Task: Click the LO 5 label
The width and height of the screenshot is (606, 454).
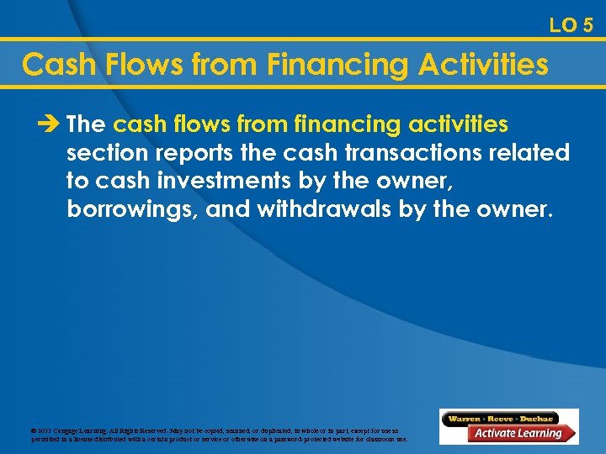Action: [x=571, y=25]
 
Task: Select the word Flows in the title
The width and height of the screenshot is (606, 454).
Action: [x=138, y=64]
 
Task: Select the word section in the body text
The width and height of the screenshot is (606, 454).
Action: [x=104, y=153]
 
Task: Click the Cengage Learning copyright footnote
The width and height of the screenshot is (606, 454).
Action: [x=219, y=434]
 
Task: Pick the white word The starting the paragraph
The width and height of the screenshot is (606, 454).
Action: [x=87, y=125]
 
